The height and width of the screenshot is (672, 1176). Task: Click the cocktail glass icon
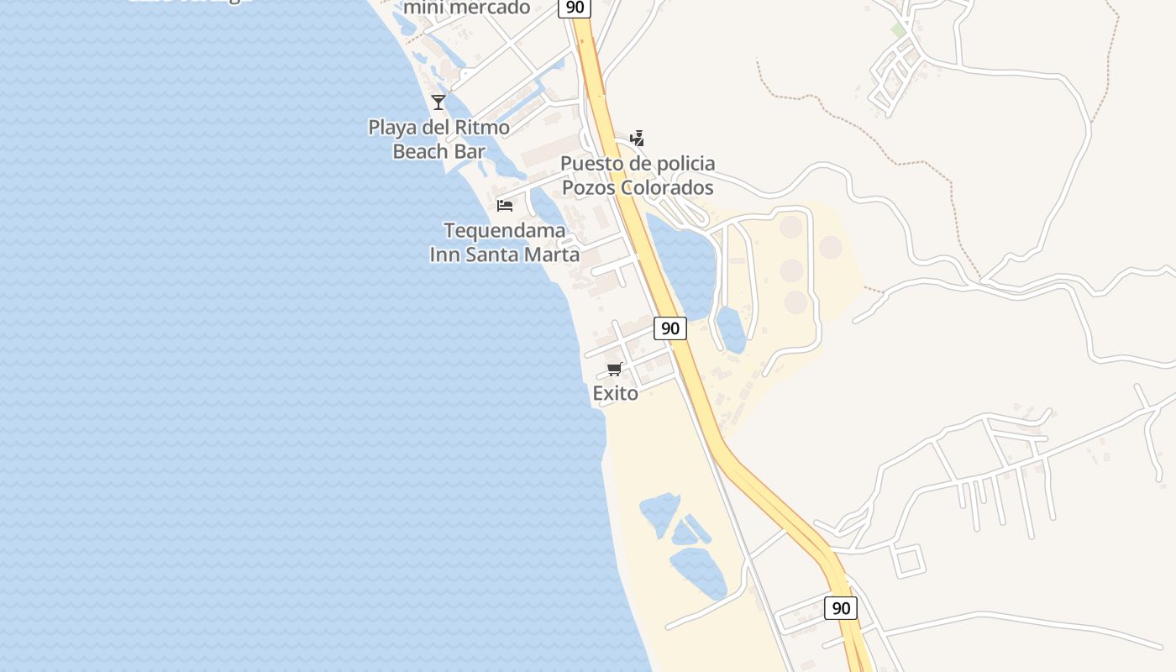click(438, 102)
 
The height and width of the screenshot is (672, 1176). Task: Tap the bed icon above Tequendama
click(505, 205)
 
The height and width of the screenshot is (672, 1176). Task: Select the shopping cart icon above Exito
click(615, 369)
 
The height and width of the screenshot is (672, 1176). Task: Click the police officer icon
click(638, 139)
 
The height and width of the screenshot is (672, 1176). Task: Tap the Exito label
click(615, 393)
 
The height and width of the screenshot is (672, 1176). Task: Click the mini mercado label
click(466, 8)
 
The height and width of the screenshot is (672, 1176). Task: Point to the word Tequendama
click(504, 231)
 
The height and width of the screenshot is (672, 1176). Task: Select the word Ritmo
click(481, 128)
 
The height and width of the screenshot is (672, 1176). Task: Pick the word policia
click(680, 163)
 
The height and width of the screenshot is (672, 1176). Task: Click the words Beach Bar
click(438, 152)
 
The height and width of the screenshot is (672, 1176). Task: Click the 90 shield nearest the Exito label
click(669, 328)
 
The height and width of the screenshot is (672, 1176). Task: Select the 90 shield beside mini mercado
click(575, 8)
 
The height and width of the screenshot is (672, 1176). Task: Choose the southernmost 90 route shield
click(840, 608)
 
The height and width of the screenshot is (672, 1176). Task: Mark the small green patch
click(898, 30)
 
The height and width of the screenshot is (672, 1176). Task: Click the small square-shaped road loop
click(909, 560)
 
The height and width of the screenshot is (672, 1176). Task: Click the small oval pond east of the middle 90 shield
click(732, 329)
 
